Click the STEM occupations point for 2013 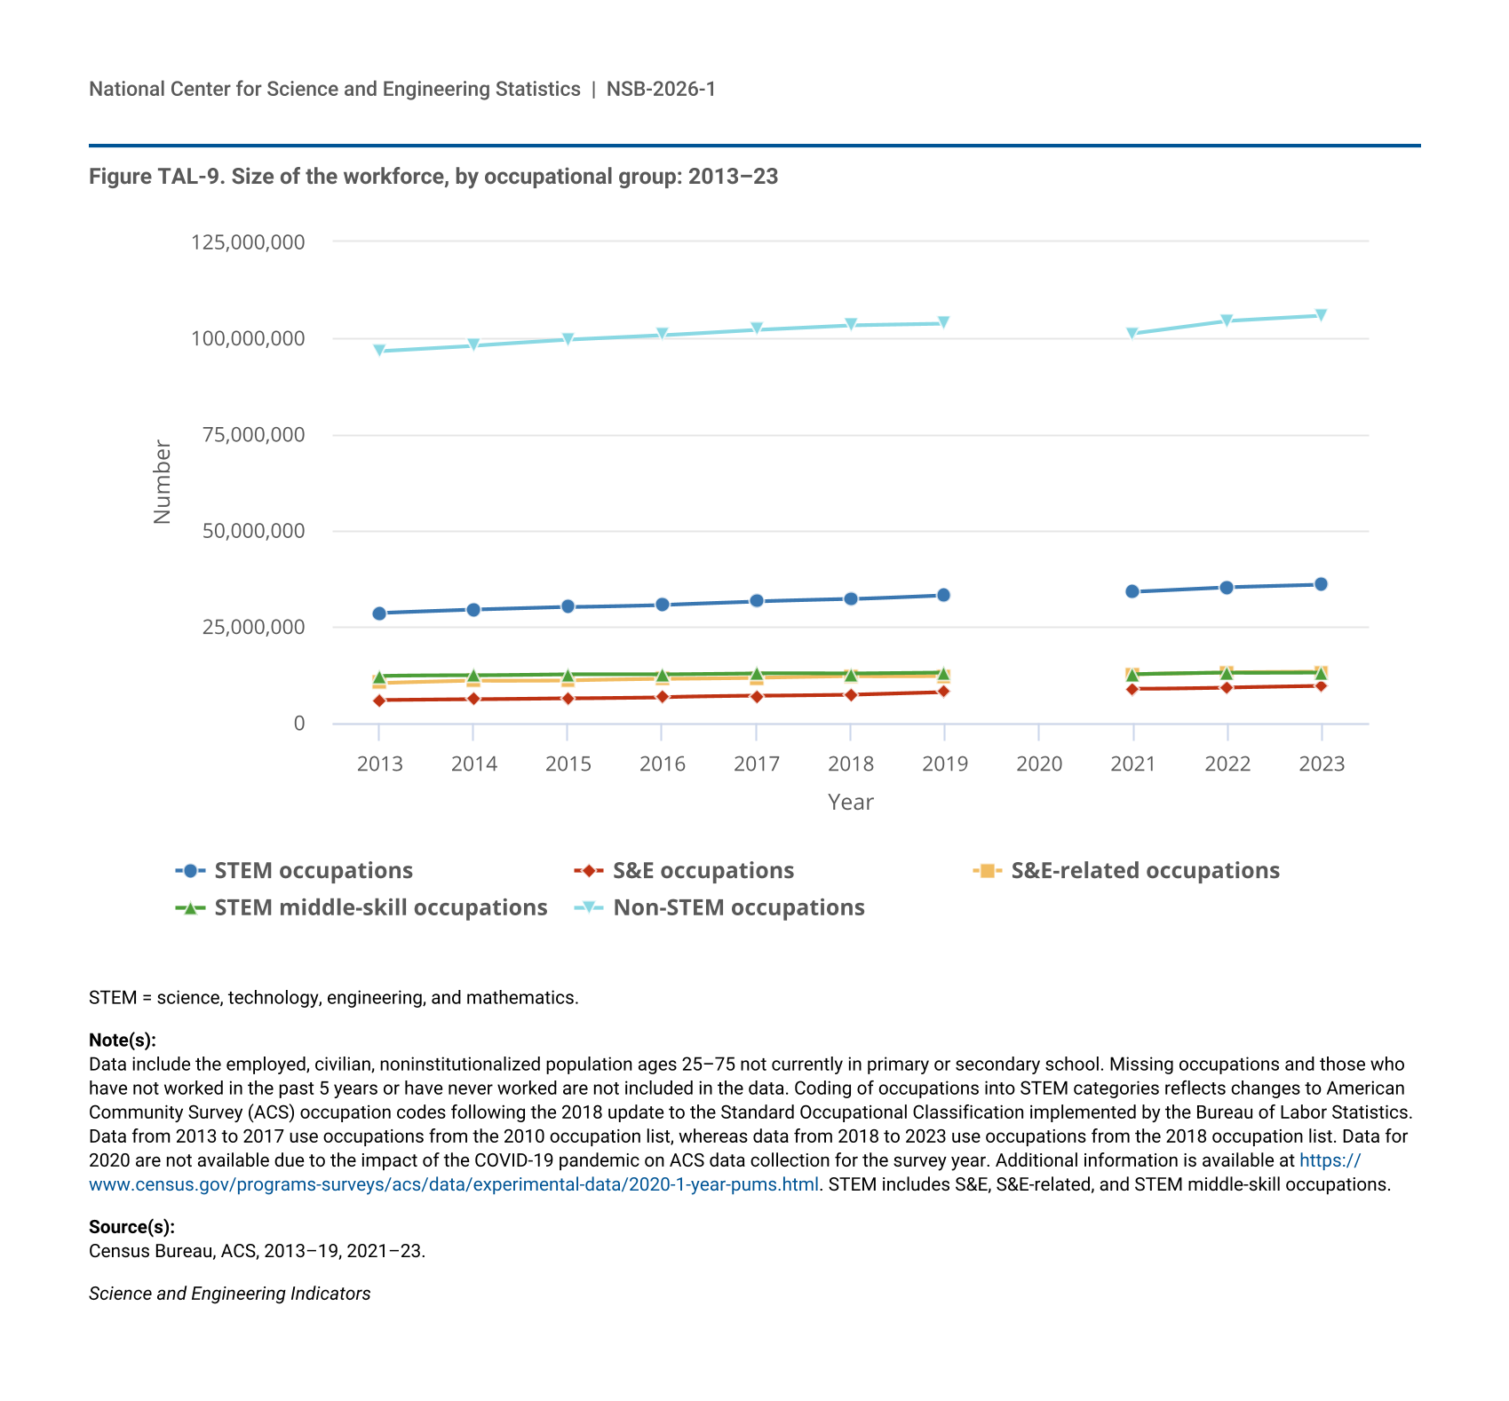tap(379, 613)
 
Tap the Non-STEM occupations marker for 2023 tap(1321, 315)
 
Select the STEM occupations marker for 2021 tap(1132, 591)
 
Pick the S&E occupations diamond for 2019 tap(943, 692)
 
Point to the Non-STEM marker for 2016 tap(662, 335)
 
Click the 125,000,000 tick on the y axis tap(248, 242)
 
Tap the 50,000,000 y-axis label tap(253, 531)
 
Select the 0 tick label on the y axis tap(299, 724)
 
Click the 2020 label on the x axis tap(1038, 764)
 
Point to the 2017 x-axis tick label tap(756, 764)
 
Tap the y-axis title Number tap(163, 482)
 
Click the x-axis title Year tap(850, 803)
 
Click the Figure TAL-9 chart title tap(433, 177)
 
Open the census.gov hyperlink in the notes tap(454, 1184)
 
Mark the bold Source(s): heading tap(131, 1227)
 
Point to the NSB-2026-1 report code tap(661, 90)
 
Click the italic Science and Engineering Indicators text tap(229, 1294)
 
